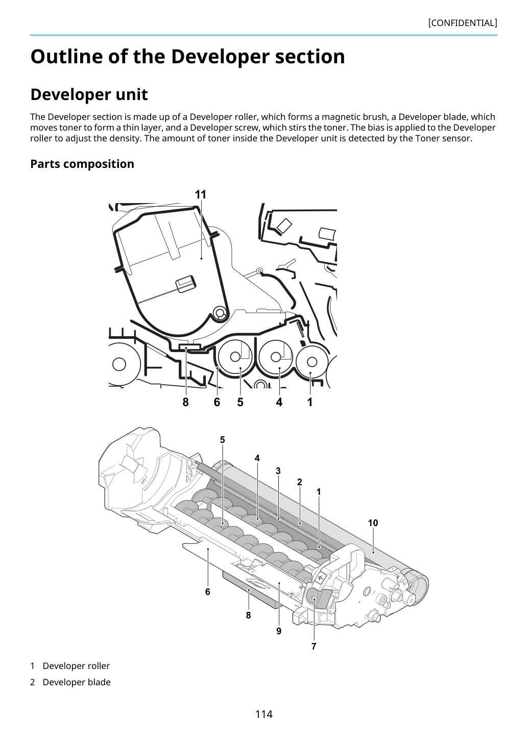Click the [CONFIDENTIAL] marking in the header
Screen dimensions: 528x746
pos(462,23)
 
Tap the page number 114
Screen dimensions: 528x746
pos(263,714)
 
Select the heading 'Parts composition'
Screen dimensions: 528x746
pos(82,164)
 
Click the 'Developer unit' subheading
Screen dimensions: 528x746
pos(89,94)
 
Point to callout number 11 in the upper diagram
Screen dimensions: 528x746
pos(200,194)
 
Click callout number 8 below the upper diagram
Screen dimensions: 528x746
pos(186,402)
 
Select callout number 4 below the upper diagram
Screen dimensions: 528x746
pos(279,402)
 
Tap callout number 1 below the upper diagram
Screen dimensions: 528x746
pos(310,402)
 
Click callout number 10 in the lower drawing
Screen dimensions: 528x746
pos(373,523)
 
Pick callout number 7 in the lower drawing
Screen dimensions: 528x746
pos(314,646)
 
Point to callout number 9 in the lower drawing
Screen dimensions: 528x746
pos(279,631)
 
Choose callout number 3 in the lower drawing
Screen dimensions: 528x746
pos(278,471)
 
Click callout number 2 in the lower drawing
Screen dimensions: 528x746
pos(300,482)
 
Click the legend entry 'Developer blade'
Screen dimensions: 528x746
pos(77,682)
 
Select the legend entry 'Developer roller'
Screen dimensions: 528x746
pos(76,666)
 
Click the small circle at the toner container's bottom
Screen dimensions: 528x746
pos(220,313)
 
